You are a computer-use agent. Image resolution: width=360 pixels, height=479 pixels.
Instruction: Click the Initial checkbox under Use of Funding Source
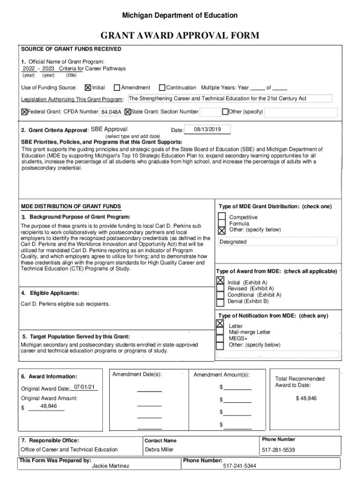[x=88, y=87]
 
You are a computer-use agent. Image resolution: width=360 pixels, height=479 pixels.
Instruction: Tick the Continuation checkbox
[x=162, y=87]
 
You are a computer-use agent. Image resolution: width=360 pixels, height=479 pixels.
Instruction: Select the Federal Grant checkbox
[x=24, y=112]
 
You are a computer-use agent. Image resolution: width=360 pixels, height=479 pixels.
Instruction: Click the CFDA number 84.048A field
[x=111, y=112]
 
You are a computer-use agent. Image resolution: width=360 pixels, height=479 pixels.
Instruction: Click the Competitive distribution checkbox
[x=222, y=217]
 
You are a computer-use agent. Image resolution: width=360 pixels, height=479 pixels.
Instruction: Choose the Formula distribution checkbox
[x=222, y=224]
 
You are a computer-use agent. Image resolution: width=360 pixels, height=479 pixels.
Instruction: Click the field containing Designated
[x=278, y=242]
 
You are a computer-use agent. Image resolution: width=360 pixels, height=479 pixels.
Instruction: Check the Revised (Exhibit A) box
[x=220, y=289]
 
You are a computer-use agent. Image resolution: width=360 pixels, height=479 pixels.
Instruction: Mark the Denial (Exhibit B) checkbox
[x=220, y=301]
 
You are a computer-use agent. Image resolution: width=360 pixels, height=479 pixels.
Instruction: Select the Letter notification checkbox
[x=220, y=324]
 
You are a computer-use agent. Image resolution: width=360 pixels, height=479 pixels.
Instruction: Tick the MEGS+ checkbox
[x=220, y=338]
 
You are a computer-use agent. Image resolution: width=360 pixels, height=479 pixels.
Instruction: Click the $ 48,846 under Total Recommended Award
[x=306, y=398]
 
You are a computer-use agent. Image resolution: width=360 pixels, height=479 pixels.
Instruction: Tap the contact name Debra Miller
[x=159, y=450]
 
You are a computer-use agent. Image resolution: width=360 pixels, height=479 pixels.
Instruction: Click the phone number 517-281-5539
[x=278, y=450]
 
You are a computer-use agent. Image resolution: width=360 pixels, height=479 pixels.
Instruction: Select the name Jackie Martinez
[x=111, y=466]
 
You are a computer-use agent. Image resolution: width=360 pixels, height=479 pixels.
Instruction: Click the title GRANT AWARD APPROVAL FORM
[x=180, y=36]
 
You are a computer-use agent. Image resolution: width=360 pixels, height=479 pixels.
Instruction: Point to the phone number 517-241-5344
[x=239, y=466]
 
